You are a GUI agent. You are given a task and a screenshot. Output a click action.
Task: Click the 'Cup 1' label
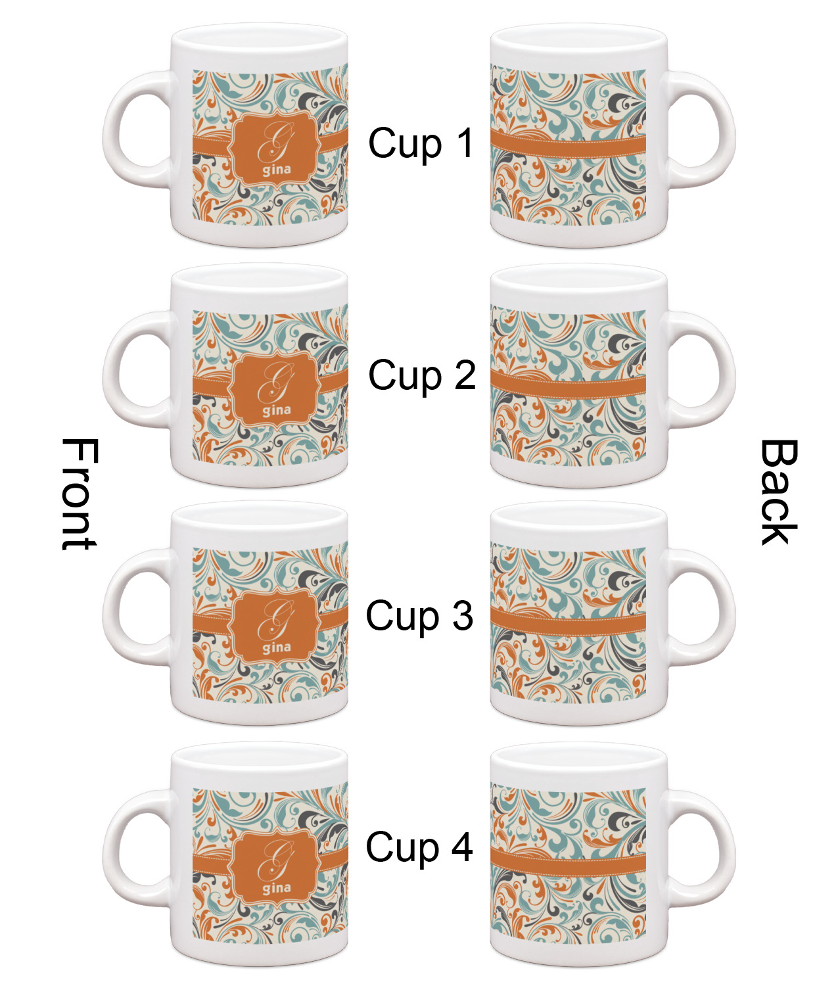(421, 143)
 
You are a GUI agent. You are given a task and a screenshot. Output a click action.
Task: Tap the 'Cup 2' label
(422, 376)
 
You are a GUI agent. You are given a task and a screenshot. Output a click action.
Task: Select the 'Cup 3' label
(419, 617)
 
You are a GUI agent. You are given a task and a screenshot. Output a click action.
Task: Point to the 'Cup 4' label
(419, 848)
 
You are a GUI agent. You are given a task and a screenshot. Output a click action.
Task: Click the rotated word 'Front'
(80, 494)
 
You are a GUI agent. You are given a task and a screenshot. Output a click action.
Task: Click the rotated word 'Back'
(779, 492)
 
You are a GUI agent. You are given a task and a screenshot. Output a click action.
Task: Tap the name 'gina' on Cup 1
(277, 170)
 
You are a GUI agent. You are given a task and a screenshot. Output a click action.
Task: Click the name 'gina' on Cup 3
(277, 647)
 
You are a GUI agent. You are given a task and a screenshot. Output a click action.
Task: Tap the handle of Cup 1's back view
(699, 129)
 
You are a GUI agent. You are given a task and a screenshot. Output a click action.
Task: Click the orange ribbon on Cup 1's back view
(568, 145)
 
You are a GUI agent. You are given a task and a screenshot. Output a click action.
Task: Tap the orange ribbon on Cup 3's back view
(568, 622)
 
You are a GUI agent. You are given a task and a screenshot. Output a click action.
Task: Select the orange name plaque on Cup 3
(275, 628)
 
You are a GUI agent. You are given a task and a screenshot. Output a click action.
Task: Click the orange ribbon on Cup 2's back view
(568, 385)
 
